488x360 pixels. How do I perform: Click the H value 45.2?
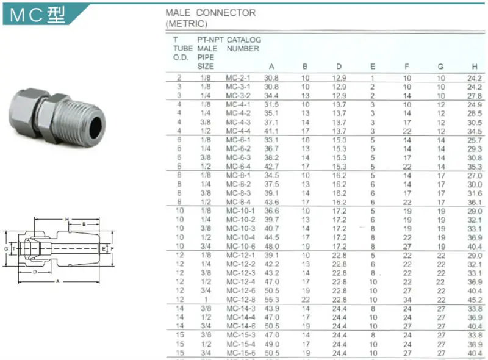(475, 300)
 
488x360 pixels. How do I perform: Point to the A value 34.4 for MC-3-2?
(271, 96)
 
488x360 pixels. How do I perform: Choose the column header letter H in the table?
(474, 66)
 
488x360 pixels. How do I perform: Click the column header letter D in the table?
(339, 66)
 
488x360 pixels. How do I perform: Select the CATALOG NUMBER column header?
(244, 44)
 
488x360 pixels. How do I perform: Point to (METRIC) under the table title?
(187, 24)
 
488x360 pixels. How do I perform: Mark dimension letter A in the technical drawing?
(57, 281)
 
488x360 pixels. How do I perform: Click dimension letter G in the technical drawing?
(5, 249)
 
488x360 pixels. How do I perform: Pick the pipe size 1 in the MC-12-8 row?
(206, 300)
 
